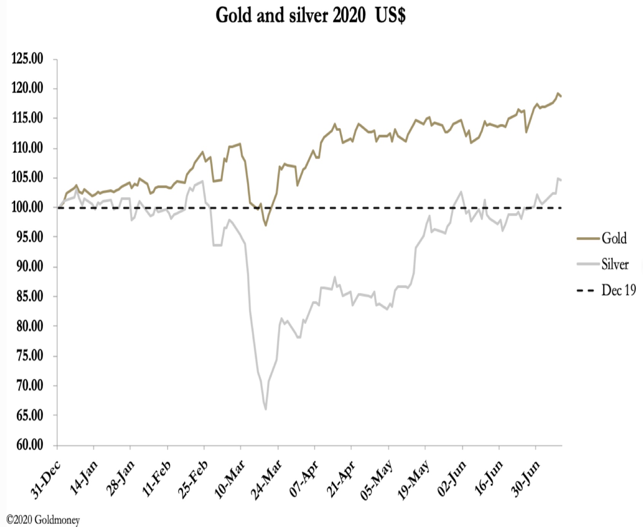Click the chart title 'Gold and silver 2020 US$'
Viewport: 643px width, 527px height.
click(310, 16)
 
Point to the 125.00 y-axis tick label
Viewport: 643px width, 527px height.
click(27, 59)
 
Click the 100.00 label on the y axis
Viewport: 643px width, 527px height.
click(27, 208)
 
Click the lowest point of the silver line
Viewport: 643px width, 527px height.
click(266, 409)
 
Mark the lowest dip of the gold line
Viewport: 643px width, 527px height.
click(266, 225)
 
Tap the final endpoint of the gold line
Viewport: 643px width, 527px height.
click(561, 97)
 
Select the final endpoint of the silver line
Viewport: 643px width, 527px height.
click(561, 180)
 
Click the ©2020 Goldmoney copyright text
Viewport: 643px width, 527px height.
click(43, 519)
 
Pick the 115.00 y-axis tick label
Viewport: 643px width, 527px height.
click(27, 118)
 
